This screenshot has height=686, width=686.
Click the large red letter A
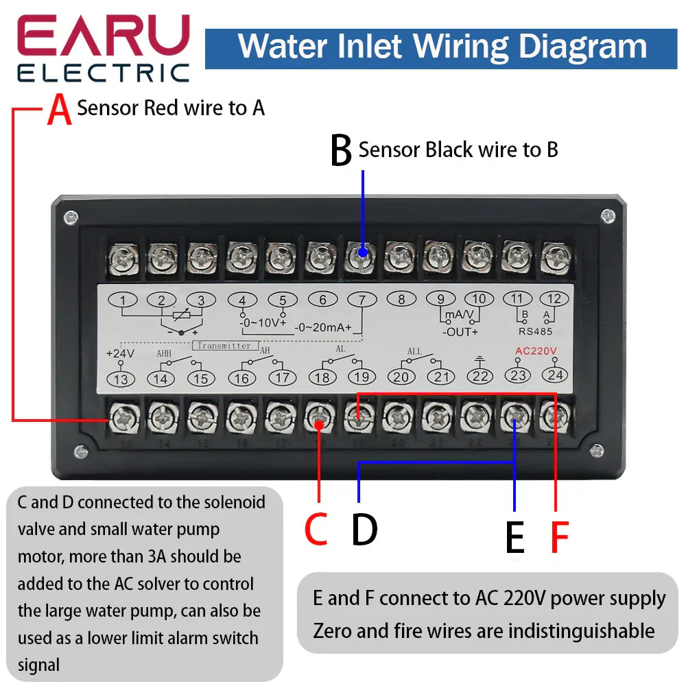coord(60,110)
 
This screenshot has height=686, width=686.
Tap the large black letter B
coord(340,151)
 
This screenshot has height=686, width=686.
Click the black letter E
coord(514,537)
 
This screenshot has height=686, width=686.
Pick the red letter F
coord(560,537)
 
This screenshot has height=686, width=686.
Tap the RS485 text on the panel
coord(535,329)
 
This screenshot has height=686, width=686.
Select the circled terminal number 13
coord(121,379)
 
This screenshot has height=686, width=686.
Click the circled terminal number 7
coord(362,299)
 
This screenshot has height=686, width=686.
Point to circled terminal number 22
coord(480,376)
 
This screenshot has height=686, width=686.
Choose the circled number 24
coord(555,375)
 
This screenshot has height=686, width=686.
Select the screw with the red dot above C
coord(318,418)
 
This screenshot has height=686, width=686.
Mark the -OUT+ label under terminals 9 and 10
coord(460,332)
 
